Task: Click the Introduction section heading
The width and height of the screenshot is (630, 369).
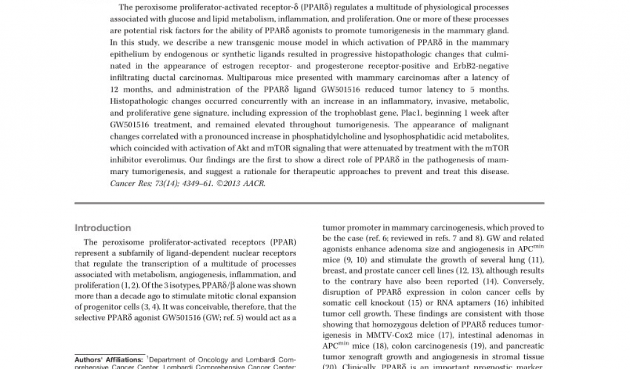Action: (x=103, y=228)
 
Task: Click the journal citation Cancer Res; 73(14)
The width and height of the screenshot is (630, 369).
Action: (x=151, y=183)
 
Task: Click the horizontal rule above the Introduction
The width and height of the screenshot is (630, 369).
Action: (x=309, y=204)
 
